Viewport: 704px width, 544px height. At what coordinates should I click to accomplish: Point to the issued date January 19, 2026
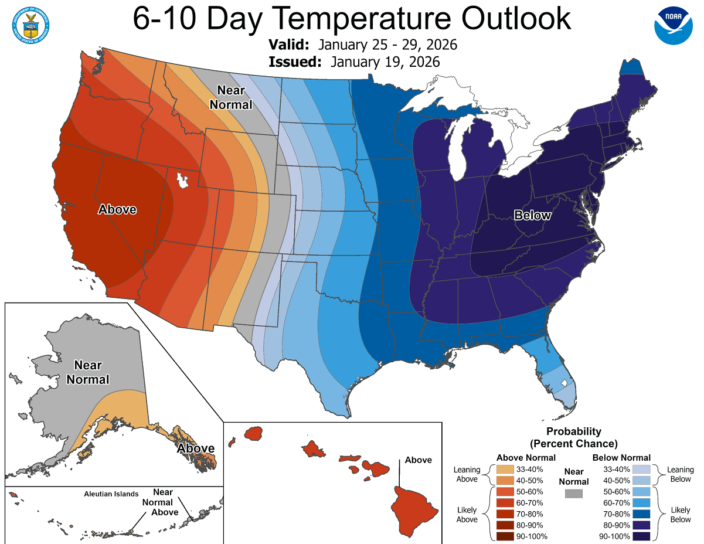coord(385,62)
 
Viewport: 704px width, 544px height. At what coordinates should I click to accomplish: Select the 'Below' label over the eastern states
coord(532,215)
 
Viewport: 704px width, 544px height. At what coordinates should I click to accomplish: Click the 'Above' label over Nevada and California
coord(117,209)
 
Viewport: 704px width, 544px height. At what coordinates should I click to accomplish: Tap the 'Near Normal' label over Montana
coord(234,97)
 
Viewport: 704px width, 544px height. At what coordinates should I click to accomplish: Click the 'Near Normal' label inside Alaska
coord(88,372)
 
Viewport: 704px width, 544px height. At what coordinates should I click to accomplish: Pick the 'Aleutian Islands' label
coord(110,494)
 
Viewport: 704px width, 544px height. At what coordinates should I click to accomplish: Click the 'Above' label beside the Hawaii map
coord(418,460)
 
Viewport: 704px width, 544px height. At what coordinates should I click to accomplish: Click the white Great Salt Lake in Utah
coord(183,179)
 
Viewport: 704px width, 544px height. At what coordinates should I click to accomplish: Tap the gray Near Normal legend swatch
coord(574,494)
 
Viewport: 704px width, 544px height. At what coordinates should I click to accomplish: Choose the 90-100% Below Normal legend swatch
coord(641,536)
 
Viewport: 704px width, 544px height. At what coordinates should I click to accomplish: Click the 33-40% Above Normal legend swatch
coord(505,470)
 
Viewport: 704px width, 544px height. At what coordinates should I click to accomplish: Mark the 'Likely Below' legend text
coord(681,515)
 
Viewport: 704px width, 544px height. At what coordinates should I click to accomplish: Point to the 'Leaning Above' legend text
coord(467,474)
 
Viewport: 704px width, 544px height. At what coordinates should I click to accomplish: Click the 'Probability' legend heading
coord(573,432)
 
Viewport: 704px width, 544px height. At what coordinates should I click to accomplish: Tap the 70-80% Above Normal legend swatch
coord(505,514)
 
